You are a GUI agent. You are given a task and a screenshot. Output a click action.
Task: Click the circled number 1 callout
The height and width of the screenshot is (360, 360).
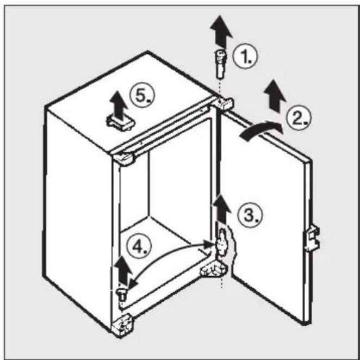pyautogui.click(x=245, y=56)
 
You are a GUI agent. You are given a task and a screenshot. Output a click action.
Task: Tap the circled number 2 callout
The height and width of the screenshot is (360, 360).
pyautogui.click(x=299, y=118)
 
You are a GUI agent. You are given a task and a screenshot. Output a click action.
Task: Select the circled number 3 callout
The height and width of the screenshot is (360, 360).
pyautogui.click(x=250, y=215)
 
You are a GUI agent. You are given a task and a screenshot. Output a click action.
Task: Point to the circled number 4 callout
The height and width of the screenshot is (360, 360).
pyautogui.click(x=139, y=246)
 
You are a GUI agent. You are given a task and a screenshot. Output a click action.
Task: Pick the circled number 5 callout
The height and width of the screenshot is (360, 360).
pyautogui.click(x=142, y=95)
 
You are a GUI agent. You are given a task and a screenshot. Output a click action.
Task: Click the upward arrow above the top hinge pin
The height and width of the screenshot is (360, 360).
pyautogui.click(x=221, y=32)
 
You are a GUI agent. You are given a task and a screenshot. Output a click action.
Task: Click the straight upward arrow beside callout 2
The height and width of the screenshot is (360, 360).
pyautogui.click(x=275, y=96)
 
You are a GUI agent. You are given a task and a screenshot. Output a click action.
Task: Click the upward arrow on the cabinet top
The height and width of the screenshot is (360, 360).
pyautogui.click(x=119, y=106)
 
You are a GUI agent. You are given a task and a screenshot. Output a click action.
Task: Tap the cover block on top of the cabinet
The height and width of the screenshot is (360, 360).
pyautogui.click(x=120, y=123)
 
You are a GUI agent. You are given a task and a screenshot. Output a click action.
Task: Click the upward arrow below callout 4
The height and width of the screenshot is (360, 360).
pyautogui.click(x=123, y=271)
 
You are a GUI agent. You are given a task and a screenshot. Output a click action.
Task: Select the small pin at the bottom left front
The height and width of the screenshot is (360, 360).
pyautogui.click(x=122, y=295)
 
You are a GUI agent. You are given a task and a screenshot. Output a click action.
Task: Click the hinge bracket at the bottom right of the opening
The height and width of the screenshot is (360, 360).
pyautogui.click(x=214, y=269)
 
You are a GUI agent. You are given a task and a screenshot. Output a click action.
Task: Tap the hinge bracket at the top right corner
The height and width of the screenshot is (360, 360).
pyautogui.click(x=223, y=103)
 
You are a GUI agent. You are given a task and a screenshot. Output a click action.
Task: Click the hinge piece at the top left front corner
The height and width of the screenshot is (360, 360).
pyautogui.click(x=123, y=159)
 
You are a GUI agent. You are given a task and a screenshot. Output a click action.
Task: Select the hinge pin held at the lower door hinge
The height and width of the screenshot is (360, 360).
pyautogui.click(x=222, y=242)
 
